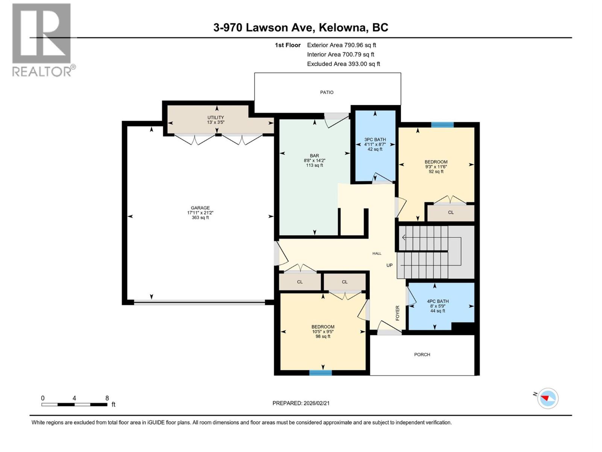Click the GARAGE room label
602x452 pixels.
[200, 208]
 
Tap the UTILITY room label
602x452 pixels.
[216, 118]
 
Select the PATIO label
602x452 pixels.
[327, 92]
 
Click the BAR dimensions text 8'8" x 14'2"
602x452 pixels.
[314, 160]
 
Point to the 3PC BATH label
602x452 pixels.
[375, 140]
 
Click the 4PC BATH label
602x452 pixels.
[438, 301]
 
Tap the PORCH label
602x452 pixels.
[422, 354]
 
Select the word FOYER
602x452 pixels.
[398, 313]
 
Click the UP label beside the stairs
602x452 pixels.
[389, 265]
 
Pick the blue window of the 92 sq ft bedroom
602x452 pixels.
[442, 125]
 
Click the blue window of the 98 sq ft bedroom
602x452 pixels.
[321, 373]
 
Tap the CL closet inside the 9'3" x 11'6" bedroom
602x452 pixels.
[451, 212]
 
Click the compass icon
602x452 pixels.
[548, 398]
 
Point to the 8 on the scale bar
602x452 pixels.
[107, 398]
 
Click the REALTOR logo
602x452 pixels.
[42, 40]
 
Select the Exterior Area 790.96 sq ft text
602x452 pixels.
[341, 45]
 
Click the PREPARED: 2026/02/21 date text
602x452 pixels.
[301, 403]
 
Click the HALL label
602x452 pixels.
[377, 253]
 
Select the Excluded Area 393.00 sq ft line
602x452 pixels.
[343, 64]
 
